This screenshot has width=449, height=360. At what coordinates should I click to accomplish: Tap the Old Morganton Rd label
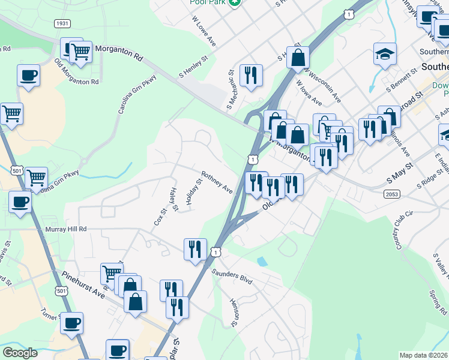(76, 73)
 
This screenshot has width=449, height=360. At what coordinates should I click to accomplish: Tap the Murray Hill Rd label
(66, 229)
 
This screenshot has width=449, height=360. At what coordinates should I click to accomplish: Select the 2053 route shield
(393, 193)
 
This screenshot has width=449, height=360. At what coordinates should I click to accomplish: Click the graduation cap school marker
(384, 55)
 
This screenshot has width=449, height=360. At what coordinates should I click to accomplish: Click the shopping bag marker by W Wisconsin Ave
(298, 58)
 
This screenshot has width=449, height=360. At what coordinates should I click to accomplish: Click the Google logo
(20, 353)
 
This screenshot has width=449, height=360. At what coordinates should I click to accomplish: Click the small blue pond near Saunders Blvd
(262, 262)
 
